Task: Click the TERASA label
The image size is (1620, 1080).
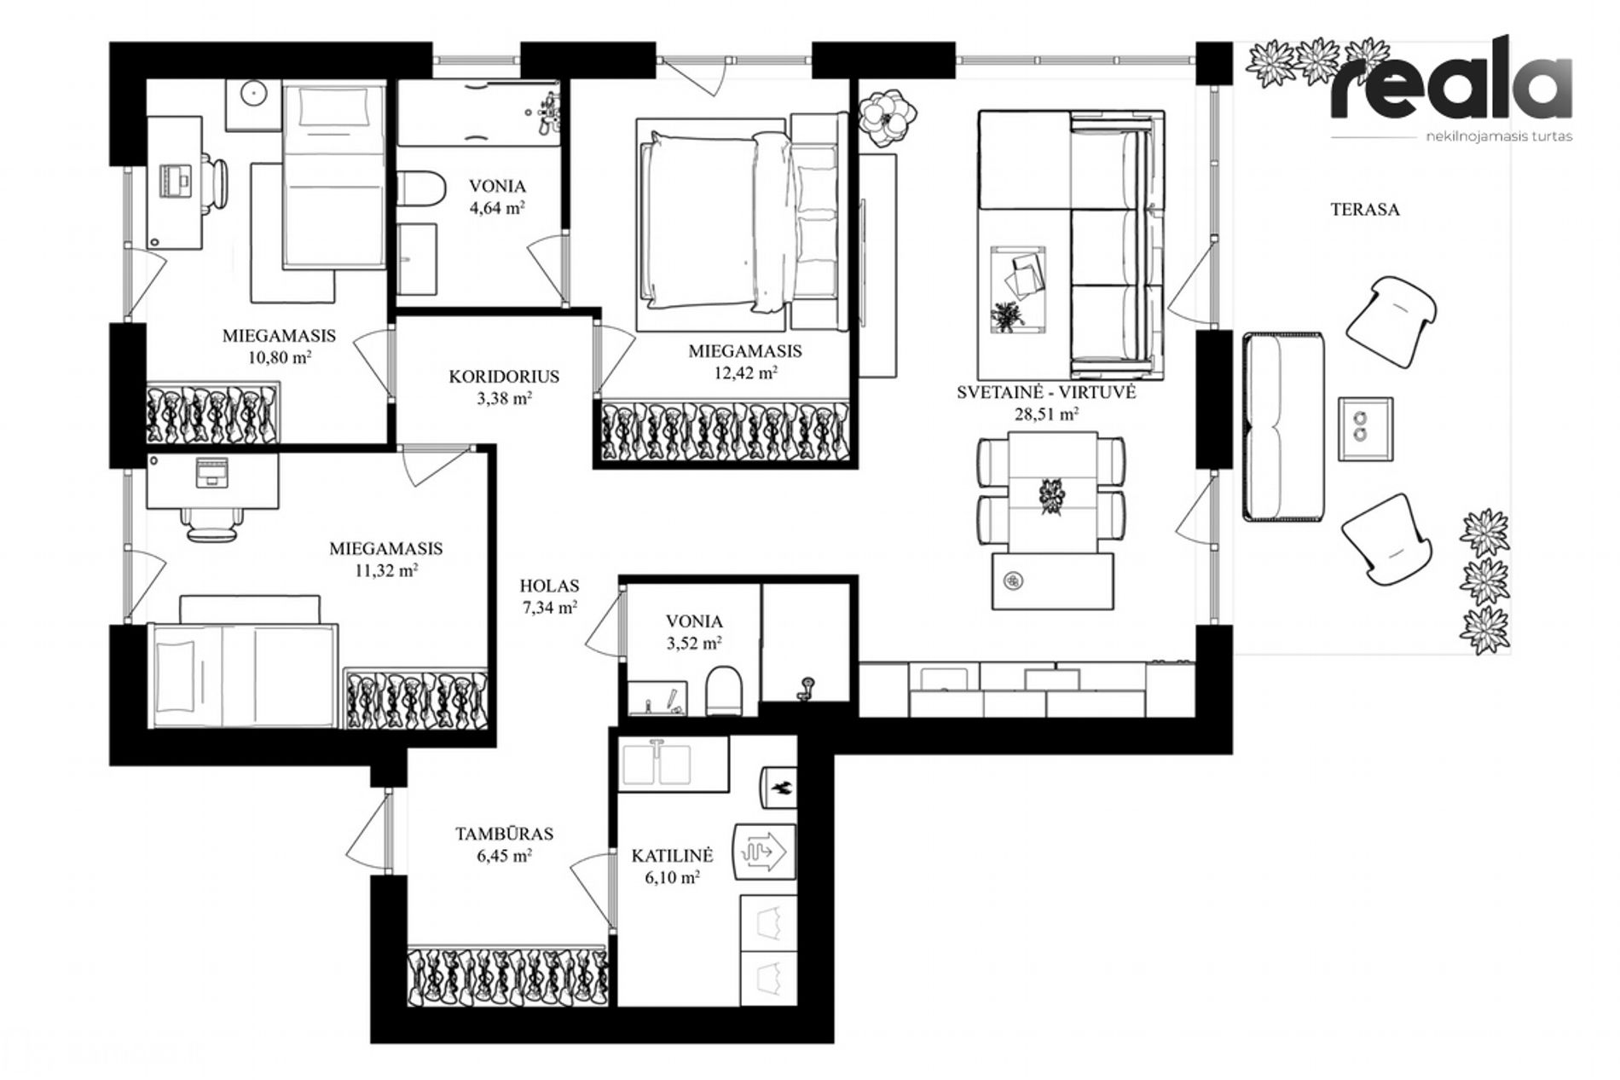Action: (x=1365, y=210)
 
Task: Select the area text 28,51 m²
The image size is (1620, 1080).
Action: (x=1046, y=414)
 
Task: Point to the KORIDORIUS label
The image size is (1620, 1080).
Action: (x=504, y=376)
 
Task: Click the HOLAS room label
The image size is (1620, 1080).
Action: (x=550, y=586)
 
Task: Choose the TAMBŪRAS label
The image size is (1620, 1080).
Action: (x=504, y=834)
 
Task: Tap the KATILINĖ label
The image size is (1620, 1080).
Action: (x=672, y=855)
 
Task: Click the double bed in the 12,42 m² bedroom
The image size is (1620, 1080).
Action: (x=739, y=223)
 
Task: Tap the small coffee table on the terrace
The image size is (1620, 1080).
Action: (x=1364, y=429)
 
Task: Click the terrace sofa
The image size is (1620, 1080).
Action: (x=1283, y=426)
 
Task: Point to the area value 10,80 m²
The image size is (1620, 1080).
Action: (x=280, y=357)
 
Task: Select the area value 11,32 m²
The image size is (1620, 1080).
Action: (x=386, y=570)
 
